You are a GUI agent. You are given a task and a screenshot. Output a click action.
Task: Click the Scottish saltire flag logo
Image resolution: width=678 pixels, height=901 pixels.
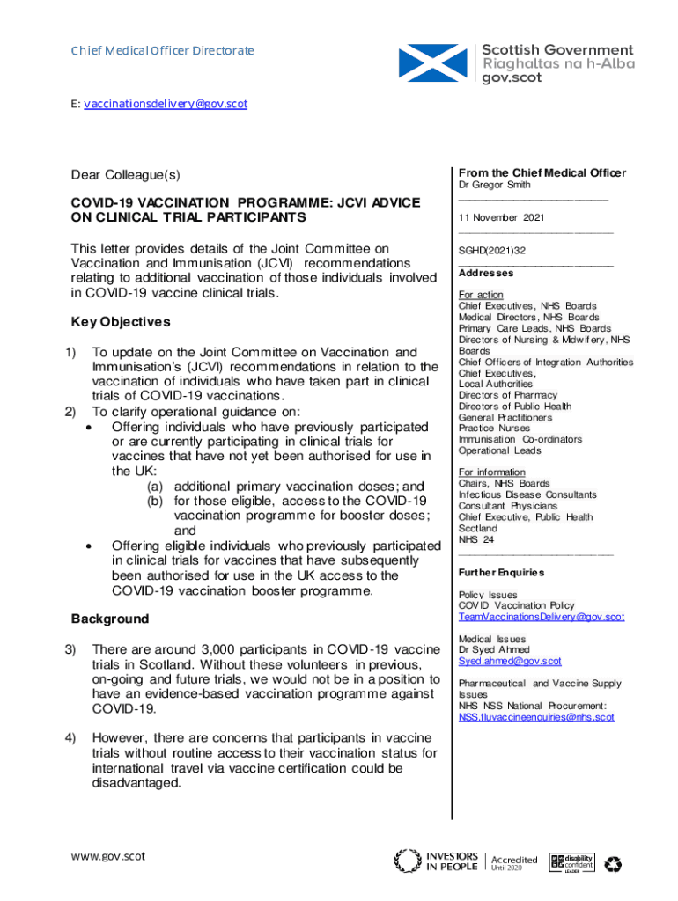tap(434, 63)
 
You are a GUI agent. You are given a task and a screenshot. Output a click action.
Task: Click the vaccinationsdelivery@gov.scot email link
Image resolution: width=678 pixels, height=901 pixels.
tap(165, 104)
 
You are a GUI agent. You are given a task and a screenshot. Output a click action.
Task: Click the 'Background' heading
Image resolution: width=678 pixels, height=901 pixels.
tap(110, 619)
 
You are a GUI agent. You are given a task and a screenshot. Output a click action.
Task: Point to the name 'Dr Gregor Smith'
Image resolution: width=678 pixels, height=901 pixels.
tap(495, 186)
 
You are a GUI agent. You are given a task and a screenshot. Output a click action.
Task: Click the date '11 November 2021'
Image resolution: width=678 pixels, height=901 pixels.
tap(501, 217)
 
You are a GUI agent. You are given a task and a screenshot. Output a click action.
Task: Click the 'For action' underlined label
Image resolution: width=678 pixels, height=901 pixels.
tap(481, 295)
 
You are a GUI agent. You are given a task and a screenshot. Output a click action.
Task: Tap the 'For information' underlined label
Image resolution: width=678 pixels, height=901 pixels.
tap(491, 472)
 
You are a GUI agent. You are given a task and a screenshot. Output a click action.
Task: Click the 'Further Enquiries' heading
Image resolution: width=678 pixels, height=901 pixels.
tap(501, 573)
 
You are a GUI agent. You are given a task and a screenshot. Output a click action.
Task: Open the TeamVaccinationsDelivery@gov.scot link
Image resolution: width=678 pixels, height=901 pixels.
tap(541, 617)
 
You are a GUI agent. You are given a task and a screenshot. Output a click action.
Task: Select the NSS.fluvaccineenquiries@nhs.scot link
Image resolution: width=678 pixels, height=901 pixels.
tap(536, 717)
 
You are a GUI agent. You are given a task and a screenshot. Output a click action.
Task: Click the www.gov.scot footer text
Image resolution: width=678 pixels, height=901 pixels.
tap(108, 856)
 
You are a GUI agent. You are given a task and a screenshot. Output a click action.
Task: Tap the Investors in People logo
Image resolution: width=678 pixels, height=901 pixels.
tap(437, 861)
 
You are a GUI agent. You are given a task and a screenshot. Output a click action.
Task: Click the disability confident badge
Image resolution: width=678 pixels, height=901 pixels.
tap(571, 862)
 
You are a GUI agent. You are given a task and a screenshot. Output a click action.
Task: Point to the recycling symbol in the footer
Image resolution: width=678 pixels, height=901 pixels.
tap(614, 864)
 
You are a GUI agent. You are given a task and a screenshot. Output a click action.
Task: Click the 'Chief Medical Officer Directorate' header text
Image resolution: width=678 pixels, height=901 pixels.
tap(162, 50)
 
